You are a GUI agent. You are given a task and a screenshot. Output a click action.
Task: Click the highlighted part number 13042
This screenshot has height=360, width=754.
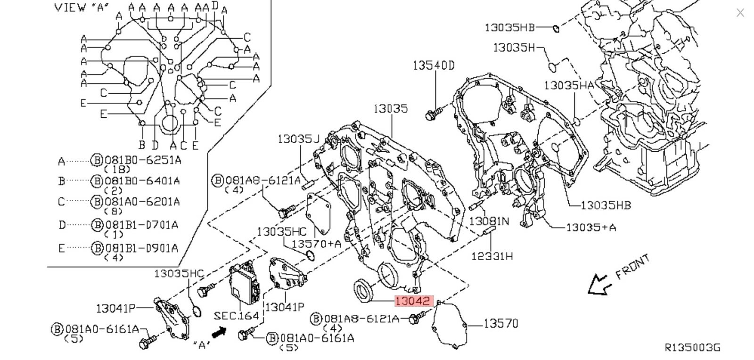[x=413, y=301]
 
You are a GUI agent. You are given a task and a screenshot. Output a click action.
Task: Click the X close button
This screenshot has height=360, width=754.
[x=740, y=13]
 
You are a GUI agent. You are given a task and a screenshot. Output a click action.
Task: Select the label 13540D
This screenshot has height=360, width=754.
[x=434, y=65]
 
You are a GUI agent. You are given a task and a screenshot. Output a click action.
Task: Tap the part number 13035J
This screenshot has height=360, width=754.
[x=298, y=139]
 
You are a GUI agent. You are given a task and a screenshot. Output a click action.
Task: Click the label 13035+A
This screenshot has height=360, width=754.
[x=590, y=227]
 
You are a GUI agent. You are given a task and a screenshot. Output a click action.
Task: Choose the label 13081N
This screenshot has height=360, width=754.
[x=489, y=221]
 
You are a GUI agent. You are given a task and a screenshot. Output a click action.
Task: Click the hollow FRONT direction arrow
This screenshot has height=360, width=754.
[x=598, y=285]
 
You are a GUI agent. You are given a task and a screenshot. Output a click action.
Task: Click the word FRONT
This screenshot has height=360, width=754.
[x=633, y=266]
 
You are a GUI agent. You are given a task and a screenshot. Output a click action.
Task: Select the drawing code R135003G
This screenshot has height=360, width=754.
[x=692, y=347]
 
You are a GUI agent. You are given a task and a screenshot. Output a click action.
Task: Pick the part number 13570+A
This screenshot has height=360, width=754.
[x=316, y=244]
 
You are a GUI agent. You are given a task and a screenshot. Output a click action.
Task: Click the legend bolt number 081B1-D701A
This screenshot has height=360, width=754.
[x=141, y=225]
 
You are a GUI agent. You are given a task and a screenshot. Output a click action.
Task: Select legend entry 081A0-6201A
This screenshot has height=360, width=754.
[x=142, y=202]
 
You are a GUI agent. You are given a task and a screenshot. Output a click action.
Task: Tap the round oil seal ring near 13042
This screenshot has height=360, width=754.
[x=363, y=289]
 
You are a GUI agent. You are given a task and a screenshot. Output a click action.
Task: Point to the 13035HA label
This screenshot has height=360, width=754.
[x=568, y=85]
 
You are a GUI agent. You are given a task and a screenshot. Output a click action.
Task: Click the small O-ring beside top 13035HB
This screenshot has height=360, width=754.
[x=556, y=28]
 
